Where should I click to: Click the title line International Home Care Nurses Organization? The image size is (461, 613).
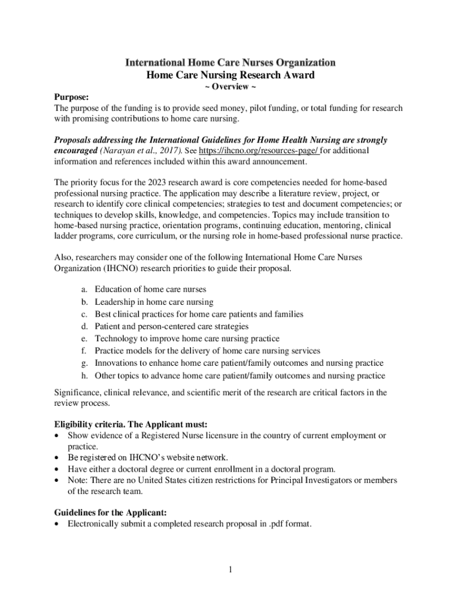point(230,62)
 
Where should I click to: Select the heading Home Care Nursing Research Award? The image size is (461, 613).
point(230,75)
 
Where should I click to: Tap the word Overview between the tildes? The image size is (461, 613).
point(230,87)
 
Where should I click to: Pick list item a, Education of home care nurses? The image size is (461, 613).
point(150,289)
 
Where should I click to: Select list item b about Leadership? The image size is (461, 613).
point(154,302)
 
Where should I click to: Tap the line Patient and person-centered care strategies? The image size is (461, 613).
point(171,326)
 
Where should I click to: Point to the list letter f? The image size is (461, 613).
point(84,351)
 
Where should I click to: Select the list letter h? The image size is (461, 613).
point(85,376)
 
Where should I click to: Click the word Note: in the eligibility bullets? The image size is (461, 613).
point(78,480)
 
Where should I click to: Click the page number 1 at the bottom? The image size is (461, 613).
point(230,569)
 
